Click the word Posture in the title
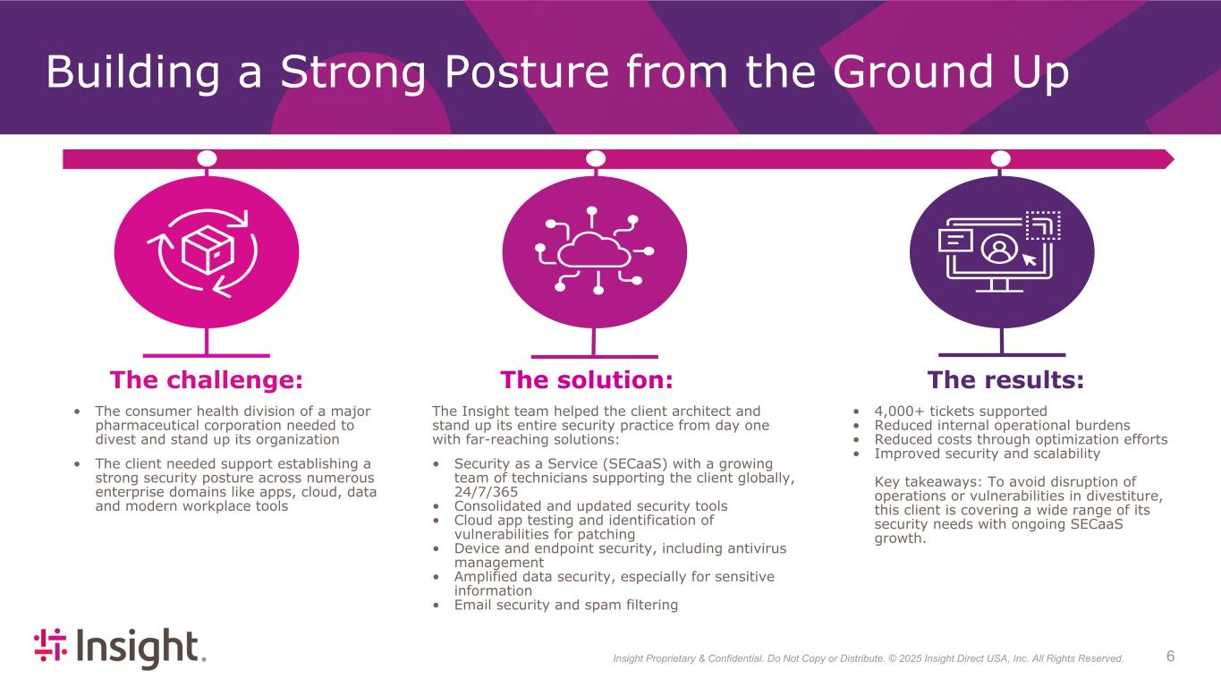coord(527,72)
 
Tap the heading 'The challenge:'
coord(206,380)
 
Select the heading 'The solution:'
coord(587,380)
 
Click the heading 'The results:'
coord(1005,380)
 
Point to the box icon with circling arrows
coord(206,252)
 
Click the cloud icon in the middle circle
coord(594,250)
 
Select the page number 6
coord(1170,656)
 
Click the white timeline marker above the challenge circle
coord(207,158)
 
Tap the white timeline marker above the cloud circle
coord(596,158)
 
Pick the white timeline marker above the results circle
coord(1001,158)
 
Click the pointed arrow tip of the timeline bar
coord(1174,159)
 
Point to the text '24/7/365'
coord(487,492)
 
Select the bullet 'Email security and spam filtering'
coord(566,605)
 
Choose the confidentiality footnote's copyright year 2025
coord(911,658)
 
